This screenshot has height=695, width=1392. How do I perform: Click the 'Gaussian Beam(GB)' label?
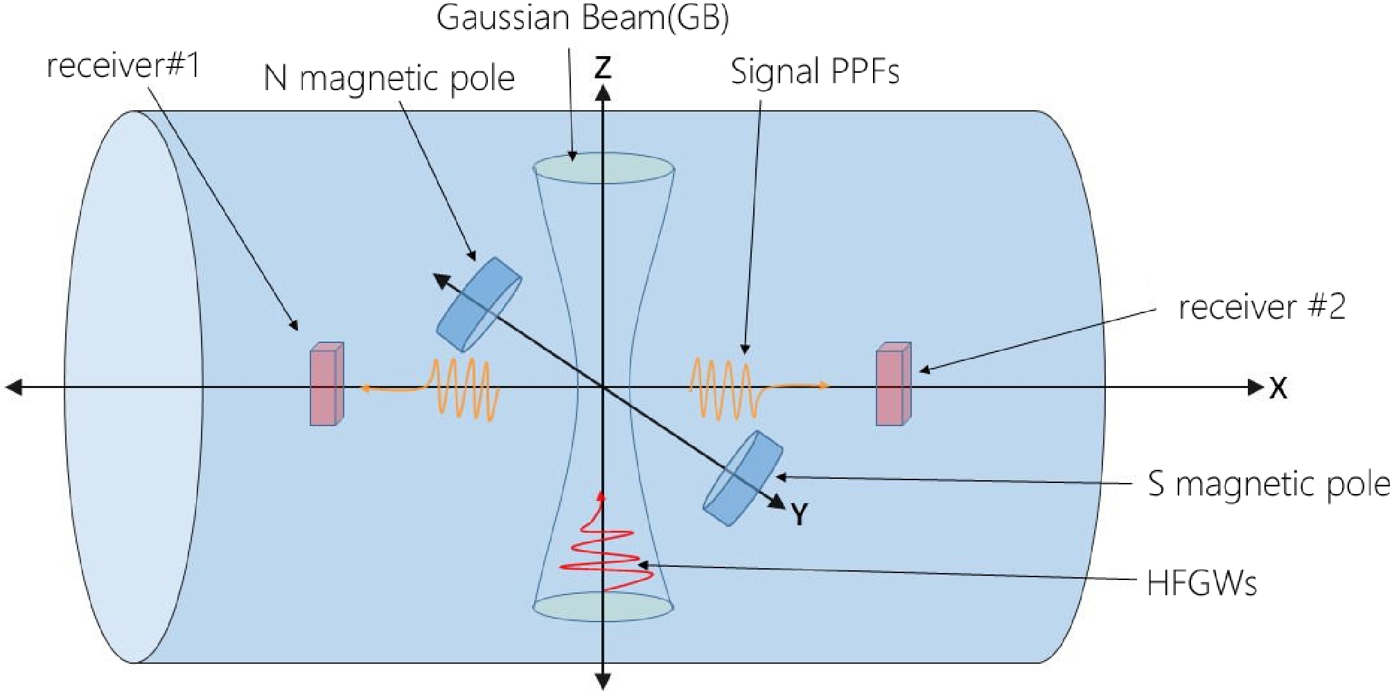(x=582, y=19)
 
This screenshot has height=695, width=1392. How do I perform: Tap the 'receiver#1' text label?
(x=123, y=67)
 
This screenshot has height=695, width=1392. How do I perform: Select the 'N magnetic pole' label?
(x=389, y=78)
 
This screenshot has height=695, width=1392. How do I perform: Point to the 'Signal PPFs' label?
(x=815, y=72)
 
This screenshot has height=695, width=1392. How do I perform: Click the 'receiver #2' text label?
(x=1262, y=307)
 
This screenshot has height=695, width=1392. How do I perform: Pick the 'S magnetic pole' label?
(x=1269, y=484)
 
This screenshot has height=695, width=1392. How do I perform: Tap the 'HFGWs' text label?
(x=1201, y=583)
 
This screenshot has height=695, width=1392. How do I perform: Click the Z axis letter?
(x=603, y=68)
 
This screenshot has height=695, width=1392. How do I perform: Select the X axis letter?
(x=1278, y=389)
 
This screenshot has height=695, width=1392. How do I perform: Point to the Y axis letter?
(x=800, y=515)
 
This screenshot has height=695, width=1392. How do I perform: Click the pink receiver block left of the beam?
(x=326, y=384)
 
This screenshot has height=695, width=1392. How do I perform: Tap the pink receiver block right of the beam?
(x=893, y=384)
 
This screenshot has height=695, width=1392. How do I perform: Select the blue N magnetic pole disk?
(x=479, y=305)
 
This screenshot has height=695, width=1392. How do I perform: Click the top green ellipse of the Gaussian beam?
(x=604, y=168)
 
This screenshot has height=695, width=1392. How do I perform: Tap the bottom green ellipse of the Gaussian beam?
(x=603, y=606)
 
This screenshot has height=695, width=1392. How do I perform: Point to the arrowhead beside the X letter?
(x=1256, y=387)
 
